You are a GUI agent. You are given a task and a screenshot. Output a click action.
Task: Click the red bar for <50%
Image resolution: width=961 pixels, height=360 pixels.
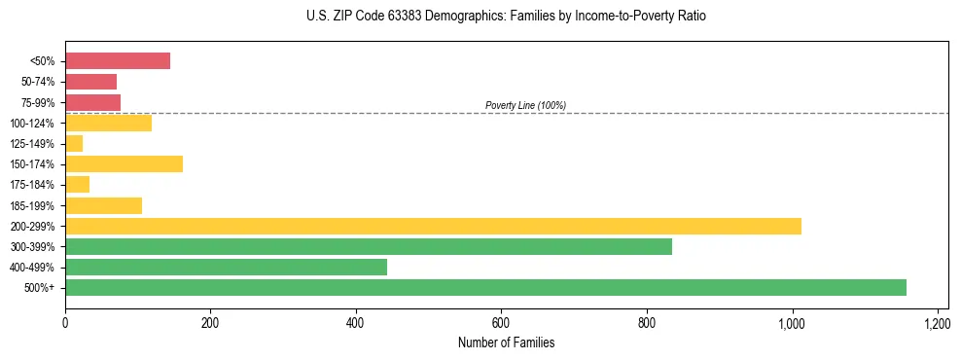click(x=118, y=61)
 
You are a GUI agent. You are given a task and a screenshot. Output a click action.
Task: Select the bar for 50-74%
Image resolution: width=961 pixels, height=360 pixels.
click(x=90, y=82)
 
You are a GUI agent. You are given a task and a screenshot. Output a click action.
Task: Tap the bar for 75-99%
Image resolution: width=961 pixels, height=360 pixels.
click(x=92, y=102)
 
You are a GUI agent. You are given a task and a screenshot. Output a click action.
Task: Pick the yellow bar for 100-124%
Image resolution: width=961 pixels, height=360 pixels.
click(x=108, y=123)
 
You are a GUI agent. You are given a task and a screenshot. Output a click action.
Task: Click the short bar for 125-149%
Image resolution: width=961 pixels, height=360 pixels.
click(x=74, y=144)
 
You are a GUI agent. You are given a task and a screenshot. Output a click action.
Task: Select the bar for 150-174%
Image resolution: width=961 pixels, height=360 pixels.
click(x=124, y=163)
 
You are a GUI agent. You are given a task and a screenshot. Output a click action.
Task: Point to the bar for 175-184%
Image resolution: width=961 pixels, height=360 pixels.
click(x=77, y=184)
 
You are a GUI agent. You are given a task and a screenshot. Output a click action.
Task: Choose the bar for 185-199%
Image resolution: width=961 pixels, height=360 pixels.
click(x=103, y=205)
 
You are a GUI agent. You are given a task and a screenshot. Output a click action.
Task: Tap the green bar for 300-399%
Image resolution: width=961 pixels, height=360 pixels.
click(x=369, y=246)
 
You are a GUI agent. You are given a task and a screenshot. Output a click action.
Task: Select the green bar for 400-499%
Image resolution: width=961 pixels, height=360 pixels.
click(x=226, y=267)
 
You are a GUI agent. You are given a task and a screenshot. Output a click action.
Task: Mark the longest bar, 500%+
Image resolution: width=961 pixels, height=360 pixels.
click(x=485, y=287)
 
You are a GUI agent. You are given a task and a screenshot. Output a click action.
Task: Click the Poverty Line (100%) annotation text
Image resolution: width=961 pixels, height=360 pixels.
click(x=525, y=105)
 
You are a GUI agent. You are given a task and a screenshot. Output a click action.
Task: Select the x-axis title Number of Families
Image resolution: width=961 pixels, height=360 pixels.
click(x=507, y=342)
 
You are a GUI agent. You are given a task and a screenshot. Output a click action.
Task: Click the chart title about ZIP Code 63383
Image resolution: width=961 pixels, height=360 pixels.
click(x=507, y=17)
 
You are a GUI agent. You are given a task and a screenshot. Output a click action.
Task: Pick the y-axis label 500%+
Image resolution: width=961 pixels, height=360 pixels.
click(x=40, y=288)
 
